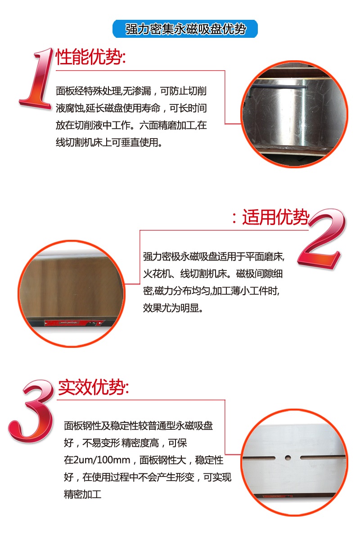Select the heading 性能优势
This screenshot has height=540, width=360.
pyautogui.click(x=90, y=58)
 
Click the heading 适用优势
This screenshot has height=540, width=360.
pyautogui.click(x=275, y=218)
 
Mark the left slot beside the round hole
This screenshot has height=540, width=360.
pyautogui.click(x=260, y=458)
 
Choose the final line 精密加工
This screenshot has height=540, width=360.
pyautogui.click(x=83, y=495)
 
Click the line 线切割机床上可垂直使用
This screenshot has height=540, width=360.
pyautogui.click(x=108, y=143)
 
